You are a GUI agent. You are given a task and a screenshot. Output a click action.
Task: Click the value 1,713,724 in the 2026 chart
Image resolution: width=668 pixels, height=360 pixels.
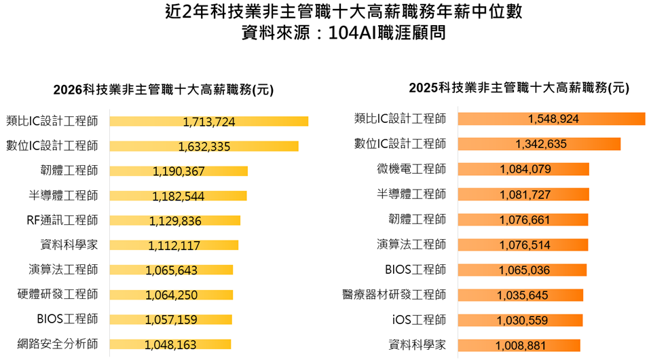[209, 122]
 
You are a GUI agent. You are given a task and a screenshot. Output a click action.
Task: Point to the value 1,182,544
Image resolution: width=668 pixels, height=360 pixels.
[178, 196]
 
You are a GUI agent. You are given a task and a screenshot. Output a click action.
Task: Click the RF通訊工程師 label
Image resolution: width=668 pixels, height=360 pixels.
[62, 220]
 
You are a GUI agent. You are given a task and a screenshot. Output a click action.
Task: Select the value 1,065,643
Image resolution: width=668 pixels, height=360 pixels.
[171, 270]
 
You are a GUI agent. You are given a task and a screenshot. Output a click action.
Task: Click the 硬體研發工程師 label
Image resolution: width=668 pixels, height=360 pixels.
[58, 294]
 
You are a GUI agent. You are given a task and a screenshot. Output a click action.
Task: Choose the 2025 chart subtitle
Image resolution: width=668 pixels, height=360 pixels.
[519, 88]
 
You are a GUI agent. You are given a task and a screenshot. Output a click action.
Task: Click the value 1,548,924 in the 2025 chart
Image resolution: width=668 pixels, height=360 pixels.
[553, 119]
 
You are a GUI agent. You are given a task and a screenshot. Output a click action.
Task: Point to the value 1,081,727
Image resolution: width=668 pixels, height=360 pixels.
[525, 194]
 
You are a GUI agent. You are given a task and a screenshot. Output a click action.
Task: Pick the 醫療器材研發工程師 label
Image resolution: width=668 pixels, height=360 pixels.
[394, 294]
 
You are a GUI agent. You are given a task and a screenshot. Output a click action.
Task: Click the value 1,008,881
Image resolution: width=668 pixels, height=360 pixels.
[521, 345]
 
